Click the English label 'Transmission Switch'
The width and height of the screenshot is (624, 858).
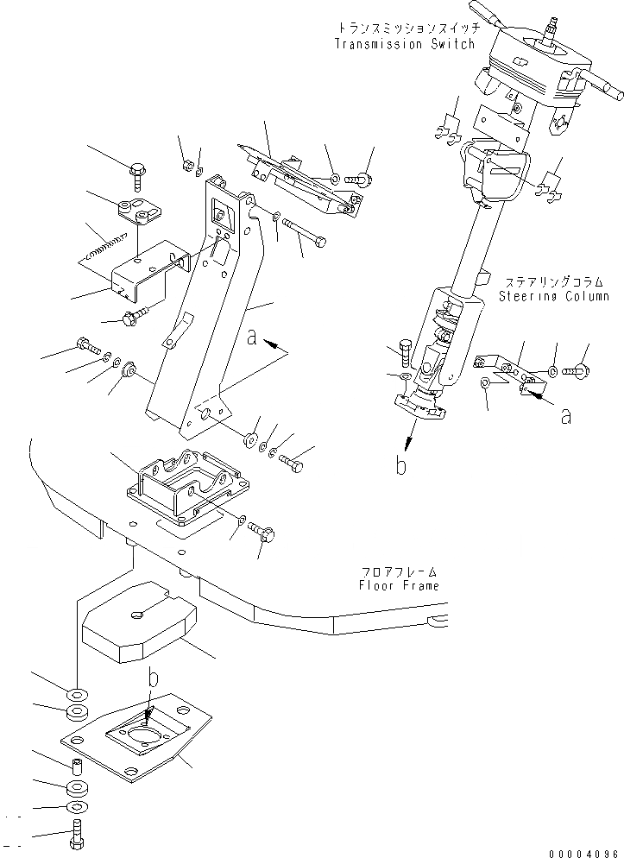[404, 44]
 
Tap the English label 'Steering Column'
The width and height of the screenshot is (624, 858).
[554, 296]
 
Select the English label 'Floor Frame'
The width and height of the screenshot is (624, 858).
[399, 586]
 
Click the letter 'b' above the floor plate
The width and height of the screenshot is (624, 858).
[154, 680]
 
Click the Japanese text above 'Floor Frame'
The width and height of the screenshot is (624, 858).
[399, 572]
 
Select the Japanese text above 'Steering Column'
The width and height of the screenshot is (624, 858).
[554, 282]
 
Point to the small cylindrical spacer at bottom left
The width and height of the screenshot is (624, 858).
[76, 765]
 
